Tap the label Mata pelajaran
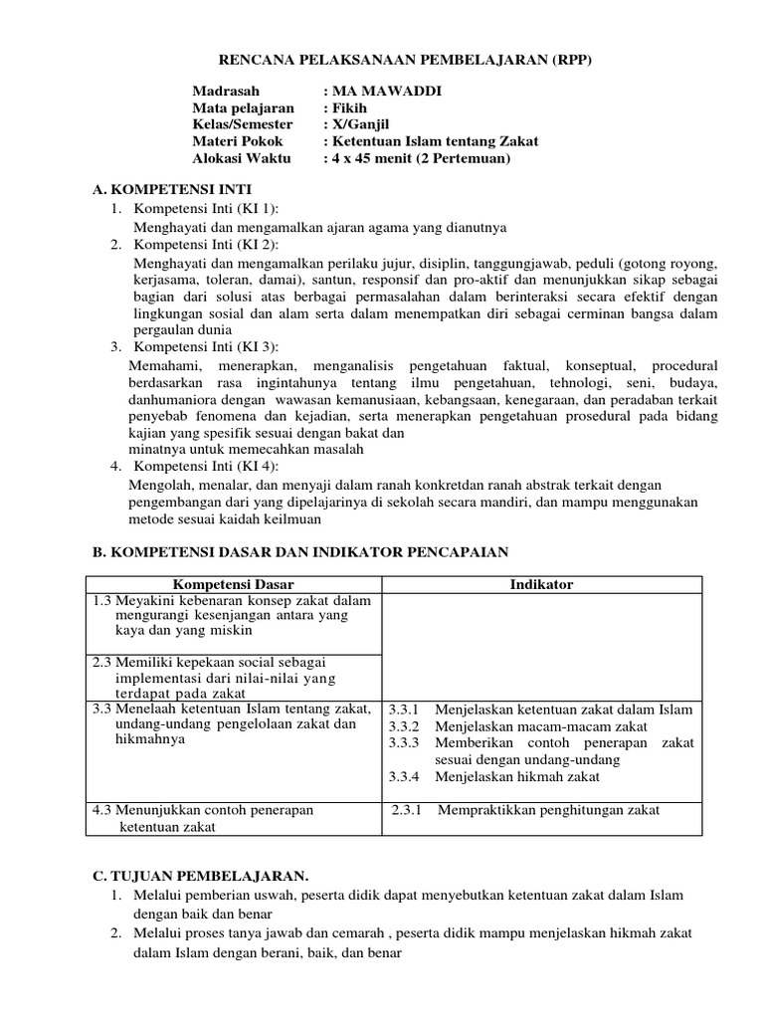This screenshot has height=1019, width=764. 243,107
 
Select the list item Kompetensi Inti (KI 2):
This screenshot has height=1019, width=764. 207,245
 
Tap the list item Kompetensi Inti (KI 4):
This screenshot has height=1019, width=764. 207,466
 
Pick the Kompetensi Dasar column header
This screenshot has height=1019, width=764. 234,584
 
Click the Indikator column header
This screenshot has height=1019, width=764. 541,584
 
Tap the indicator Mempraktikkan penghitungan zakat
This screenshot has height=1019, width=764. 548,810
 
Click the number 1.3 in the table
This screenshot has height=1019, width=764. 101,600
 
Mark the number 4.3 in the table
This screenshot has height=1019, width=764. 101,810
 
